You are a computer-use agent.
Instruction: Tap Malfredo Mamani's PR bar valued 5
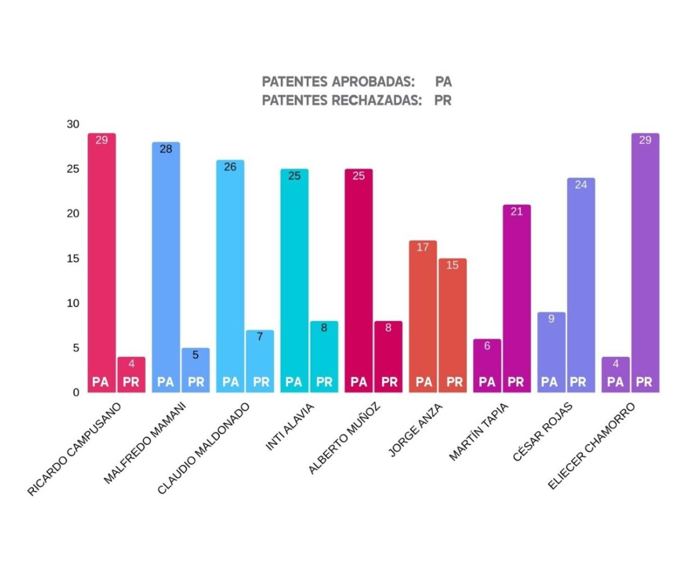[x=195, y=370]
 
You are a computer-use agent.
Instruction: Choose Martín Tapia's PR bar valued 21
[x=517, y=298]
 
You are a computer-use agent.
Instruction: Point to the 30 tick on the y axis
[x=74, y=124]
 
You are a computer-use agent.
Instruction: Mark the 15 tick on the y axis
[x=74, y=258]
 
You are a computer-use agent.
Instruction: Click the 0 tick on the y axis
[x=76, y=393]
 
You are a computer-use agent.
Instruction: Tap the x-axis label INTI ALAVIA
[x=290, y=427]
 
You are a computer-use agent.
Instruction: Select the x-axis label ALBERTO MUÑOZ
[x=345, y=439]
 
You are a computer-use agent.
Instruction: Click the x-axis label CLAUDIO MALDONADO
[x=203, y=449]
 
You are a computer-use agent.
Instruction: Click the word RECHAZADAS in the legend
[x=381, y=101]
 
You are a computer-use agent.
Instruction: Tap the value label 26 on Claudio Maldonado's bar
[x=230, y=167]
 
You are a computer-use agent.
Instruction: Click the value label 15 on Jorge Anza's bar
[x=453, y=265]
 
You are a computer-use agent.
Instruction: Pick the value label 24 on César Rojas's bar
[x=581, y=185]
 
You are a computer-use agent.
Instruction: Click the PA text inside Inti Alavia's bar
[x=294, y=382]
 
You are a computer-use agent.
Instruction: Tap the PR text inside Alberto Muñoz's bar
[x=389, y=382]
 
